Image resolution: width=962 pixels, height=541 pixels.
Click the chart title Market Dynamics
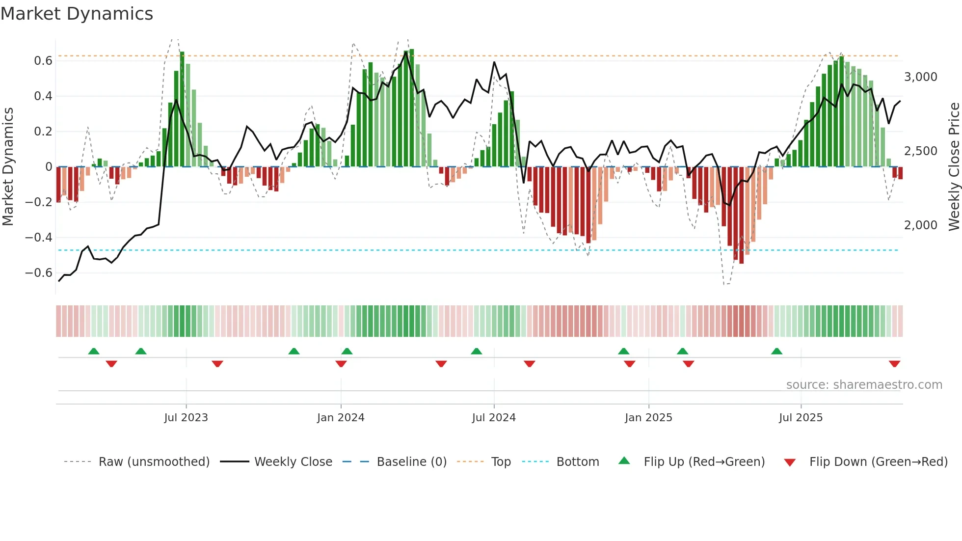(x=77, y=14)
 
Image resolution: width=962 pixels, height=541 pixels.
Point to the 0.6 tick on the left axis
(x=43, y=61)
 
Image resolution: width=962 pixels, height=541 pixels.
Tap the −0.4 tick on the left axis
(x=39, y=238)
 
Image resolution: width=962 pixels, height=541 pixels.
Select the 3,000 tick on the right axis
(x=920, y=77)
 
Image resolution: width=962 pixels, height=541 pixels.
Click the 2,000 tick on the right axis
(x=920, y=225)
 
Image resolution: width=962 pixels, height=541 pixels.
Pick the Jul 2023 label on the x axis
(x=186, y=418)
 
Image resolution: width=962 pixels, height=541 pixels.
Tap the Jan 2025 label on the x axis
(x=648, y=418)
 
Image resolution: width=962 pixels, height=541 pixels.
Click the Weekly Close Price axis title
(x=954, y=167)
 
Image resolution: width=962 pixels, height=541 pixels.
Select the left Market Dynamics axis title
(x=8, y=167)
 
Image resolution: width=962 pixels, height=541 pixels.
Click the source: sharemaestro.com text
(x=864, y=385)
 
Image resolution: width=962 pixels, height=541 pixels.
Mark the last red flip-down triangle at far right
(x=894, y=364)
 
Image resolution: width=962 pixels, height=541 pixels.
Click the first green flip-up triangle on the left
(x=94, y=351)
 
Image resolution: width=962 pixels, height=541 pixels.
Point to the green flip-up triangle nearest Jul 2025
(x=776, y=351)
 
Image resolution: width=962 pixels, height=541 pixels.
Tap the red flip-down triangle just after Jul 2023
(x=217, y=364)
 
